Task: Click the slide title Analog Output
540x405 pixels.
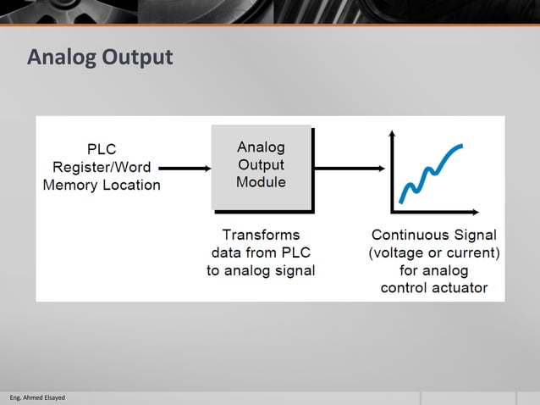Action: (100, 58)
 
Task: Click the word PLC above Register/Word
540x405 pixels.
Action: (102, 149)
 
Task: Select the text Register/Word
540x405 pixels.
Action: (102, 167)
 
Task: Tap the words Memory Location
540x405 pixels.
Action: (102, 185)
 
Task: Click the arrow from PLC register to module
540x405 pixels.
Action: (185, 168)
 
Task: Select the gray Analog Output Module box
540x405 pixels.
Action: (261, 167)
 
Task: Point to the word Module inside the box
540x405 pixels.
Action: (261, 182)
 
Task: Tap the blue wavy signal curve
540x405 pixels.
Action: (432, 169)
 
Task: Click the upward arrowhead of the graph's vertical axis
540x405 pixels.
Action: (392, 134)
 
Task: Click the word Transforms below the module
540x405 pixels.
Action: (261, 235)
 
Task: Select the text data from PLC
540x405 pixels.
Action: (261, 252)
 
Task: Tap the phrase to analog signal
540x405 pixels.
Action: (261, 270)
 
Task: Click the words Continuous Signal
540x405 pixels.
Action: (434, 235)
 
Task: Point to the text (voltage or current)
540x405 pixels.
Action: (434, 252)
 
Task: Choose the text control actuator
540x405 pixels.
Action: (434, 288)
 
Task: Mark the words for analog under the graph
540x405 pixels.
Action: (434, 270)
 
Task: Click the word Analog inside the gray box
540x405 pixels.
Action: (261, 147)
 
